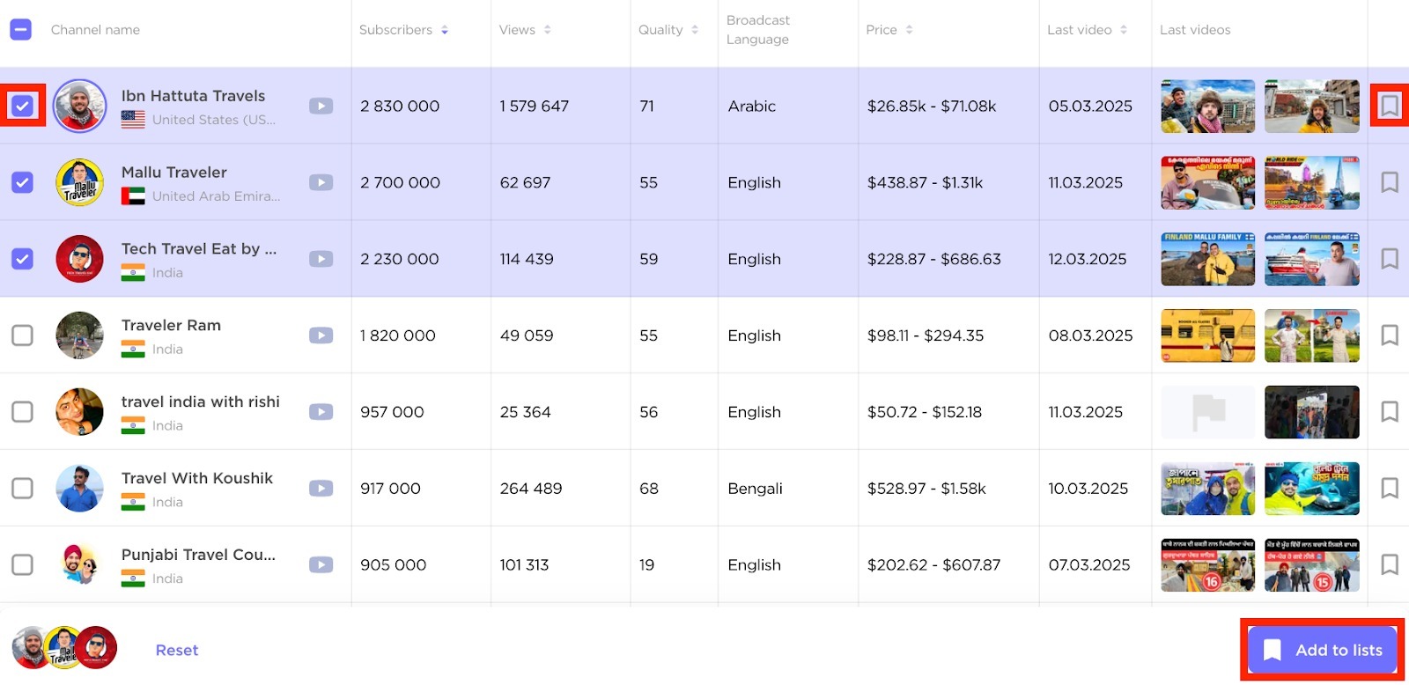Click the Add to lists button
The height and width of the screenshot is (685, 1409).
tap(1322, 650)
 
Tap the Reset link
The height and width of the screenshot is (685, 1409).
tap(176, 650)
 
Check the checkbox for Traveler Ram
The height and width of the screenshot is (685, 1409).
tap(22, 335)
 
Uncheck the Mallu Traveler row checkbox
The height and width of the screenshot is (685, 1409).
tap(22, 182)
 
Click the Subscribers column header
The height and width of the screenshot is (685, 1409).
tap(395, 30)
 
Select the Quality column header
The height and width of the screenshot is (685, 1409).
tap(660, 30)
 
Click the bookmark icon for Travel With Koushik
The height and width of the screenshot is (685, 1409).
tap(1389, 488)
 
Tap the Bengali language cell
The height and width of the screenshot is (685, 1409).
tap(755, 489)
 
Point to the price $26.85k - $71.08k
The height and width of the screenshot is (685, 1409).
tap(932, 107)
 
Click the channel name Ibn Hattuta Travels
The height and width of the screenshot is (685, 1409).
tap(193, 96)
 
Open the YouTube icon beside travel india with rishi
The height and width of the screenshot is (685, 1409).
tap(321, 412)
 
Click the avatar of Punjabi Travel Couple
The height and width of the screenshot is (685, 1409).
tap(79, 564)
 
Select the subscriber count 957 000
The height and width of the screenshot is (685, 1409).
tap(392, 412)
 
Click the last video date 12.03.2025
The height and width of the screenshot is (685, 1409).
tap(1088, 259)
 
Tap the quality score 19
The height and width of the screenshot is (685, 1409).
tap(646, 565)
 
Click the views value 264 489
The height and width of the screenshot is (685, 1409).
tap(530, 489)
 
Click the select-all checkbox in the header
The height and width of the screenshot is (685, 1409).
tap(21, 30)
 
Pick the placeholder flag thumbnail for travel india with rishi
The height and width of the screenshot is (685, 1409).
tap(1208, 412)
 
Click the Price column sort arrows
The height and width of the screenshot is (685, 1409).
tap(909, 30)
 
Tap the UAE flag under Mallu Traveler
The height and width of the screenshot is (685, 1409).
tap(133, 196)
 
